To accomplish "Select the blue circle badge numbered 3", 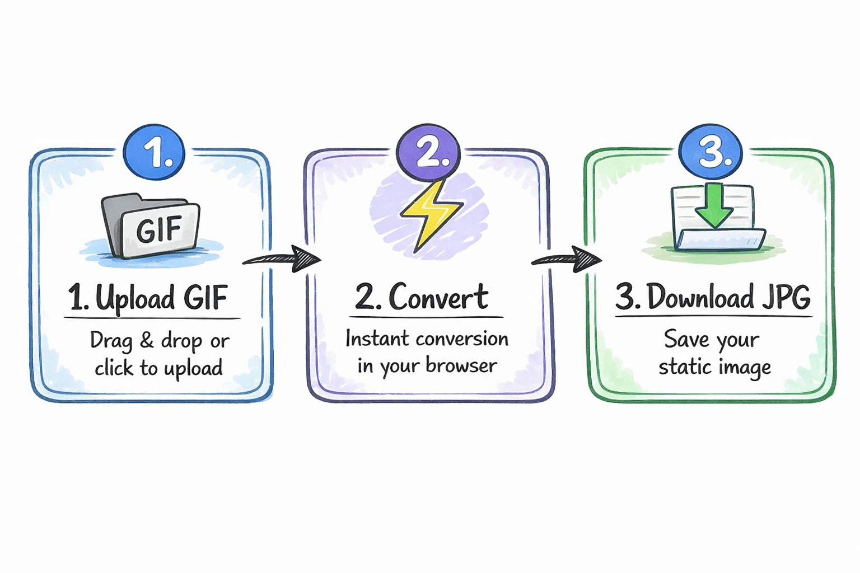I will pos(711,152).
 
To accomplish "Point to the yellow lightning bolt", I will pos(430,215).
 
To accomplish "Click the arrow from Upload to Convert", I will pos(283,259).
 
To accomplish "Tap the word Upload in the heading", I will pos(135,298).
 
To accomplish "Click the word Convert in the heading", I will pos(438,297).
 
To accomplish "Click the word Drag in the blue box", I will pos(111,341).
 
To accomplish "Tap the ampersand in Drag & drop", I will pos(147,340).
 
